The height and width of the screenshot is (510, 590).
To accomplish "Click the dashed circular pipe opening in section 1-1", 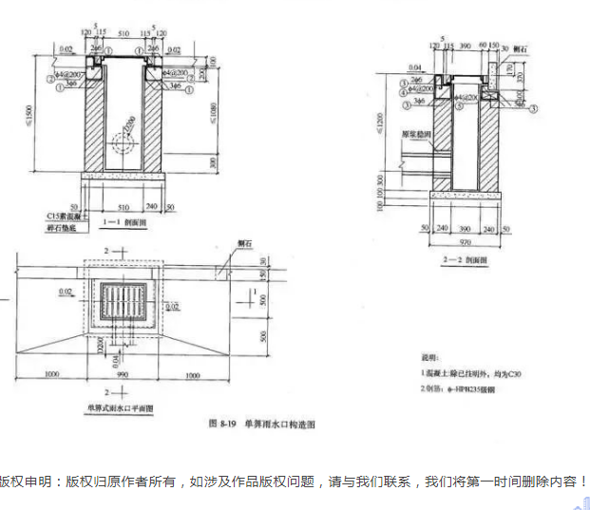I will pos(121,143).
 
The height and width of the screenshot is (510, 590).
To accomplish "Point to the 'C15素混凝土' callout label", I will pos(67,216).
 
